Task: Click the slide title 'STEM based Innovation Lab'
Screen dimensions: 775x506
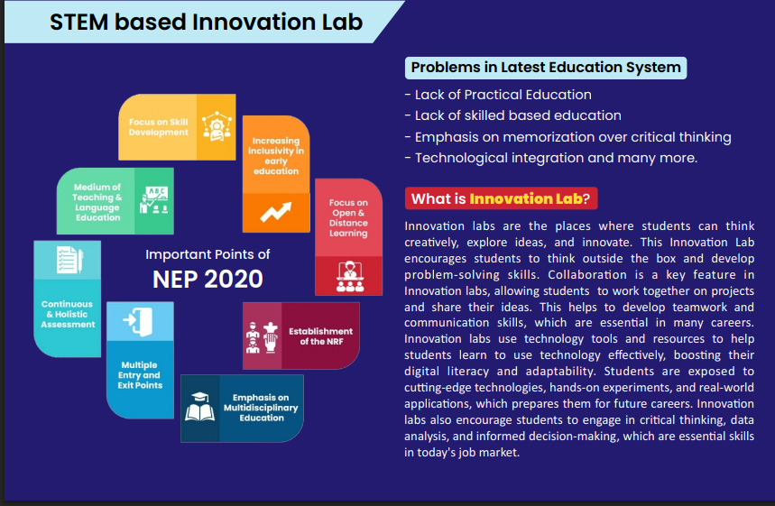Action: pyautogui.click(x=206, y=23)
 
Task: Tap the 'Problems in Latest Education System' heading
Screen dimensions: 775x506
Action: pyautogui.click(x=546, y=68)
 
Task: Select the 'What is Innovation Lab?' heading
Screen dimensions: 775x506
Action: pyautogui.click(x=501, y=198)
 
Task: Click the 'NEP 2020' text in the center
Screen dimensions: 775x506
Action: pyautogui.click(x=208, y=280)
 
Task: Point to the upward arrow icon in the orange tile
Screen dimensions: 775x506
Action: pyautogui.click(x=276, y=212)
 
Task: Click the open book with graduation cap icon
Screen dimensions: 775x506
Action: pyautogui.click(x=199, y=407)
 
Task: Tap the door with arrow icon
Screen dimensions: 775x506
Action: pyautogui.click(x=138, y=321)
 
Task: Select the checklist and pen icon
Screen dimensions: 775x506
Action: pyautogui.click(x=69, y=260)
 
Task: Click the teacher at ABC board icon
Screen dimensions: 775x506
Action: pyautogui.click(x=153, y=200)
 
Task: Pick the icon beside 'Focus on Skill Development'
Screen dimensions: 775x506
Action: pyautogui.click(x=217, y=126)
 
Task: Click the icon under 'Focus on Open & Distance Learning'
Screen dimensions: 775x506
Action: pyautogui.click(x=349, y=277)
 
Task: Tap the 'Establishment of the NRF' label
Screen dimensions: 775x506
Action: pyautogui.click(x=321, y=336)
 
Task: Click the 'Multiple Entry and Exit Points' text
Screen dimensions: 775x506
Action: pyautogui.click(x=140, y=375)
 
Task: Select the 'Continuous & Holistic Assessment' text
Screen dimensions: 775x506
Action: pyautogui.click(x=68, y=314)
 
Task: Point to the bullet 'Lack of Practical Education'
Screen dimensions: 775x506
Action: pyautogui.click(x=498, y=95)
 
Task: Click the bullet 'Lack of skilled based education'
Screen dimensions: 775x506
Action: pyautogui.click(x=513, y=115)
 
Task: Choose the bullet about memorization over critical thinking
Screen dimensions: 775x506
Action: pyautogui.click(x=567, y=137)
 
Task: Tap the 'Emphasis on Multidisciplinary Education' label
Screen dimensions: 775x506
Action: pyautogui.click(x=261, y=408)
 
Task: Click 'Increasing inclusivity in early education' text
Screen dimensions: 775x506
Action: pyautogui.click(x=276, y=156)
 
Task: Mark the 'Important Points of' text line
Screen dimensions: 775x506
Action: pyautogui.click(x=208, y=254)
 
